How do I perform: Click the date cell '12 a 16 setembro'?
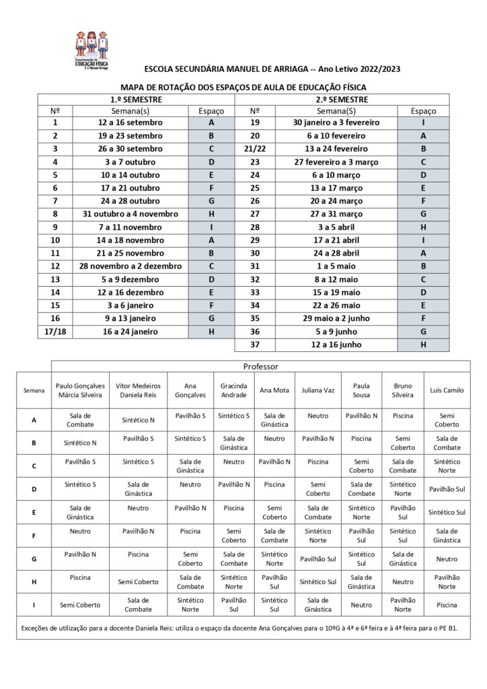coord(126,122)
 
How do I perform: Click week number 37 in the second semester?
coord(255,344)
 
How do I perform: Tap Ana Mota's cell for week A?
coord(276,421)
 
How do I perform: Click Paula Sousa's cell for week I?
coord(362,605)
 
